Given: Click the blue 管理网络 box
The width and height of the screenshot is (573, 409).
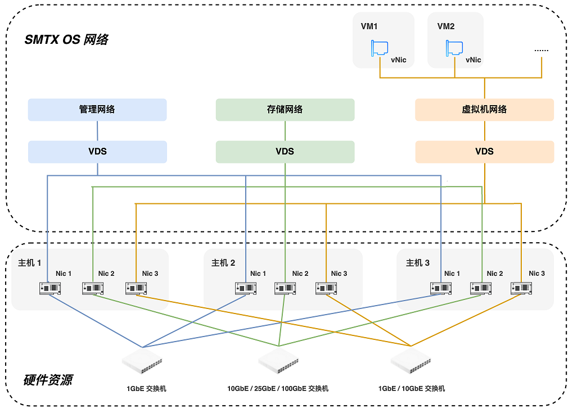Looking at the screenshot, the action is click(97, 110).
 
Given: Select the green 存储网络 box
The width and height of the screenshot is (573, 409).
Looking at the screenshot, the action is click(285, 110).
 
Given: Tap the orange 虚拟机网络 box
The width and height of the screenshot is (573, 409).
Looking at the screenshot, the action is click(485, 110).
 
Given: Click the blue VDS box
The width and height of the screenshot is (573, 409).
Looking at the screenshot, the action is click(97, 152).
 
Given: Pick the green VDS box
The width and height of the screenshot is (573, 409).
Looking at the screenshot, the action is click(285, 152).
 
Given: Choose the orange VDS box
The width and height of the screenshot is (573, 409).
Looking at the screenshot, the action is click(485, 152).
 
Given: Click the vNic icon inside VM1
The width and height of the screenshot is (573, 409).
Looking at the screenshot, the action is click(380, 48).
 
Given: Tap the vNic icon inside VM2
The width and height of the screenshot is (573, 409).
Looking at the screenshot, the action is click(454, 48).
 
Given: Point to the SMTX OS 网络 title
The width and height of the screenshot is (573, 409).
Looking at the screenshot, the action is click(66, 39).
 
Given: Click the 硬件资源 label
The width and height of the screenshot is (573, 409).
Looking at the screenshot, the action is click(48, 380).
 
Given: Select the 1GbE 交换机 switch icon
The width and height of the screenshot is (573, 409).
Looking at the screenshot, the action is click(142, 361).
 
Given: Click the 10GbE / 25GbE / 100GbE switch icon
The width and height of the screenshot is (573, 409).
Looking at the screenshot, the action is click(278, 361).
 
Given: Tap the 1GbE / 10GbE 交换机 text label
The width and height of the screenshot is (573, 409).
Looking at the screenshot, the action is click(412, 389).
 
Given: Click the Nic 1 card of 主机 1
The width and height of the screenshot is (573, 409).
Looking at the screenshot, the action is click(50, 289).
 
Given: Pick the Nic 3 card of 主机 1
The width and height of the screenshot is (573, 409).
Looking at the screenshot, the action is click(136, 289).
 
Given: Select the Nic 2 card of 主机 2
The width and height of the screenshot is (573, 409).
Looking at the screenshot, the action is click(285, 289).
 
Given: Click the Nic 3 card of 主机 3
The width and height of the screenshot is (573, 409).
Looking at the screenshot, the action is click(521, 289).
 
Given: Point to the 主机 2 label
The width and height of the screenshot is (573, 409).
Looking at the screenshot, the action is click(223, 263).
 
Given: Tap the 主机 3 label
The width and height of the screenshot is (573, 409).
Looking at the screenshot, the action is click(418, 263).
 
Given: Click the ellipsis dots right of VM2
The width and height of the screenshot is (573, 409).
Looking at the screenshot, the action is click(541, 51).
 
